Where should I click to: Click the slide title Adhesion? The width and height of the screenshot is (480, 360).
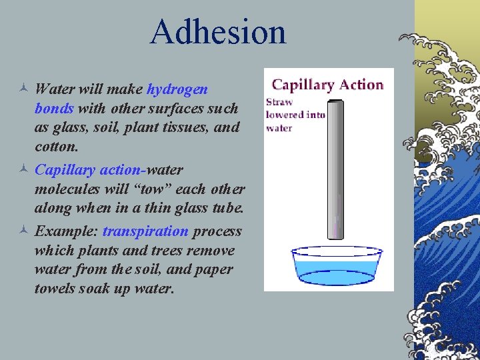(218, 31)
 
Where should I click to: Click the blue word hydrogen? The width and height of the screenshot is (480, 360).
(177, 89)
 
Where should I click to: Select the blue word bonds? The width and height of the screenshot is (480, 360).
(54, 108)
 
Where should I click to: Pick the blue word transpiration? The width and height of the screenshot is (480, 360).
(145, 231)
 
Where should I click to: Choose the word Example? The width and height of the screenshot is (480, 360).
(66, 231)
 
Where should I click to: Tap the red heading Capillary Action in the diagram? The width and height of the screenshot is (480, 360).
(328, 85)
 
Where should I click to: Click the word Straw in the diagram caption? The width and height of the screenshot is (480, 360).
(279, 103)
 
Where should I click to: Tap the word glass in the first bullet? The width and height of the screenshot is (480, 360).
(67, 127)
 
